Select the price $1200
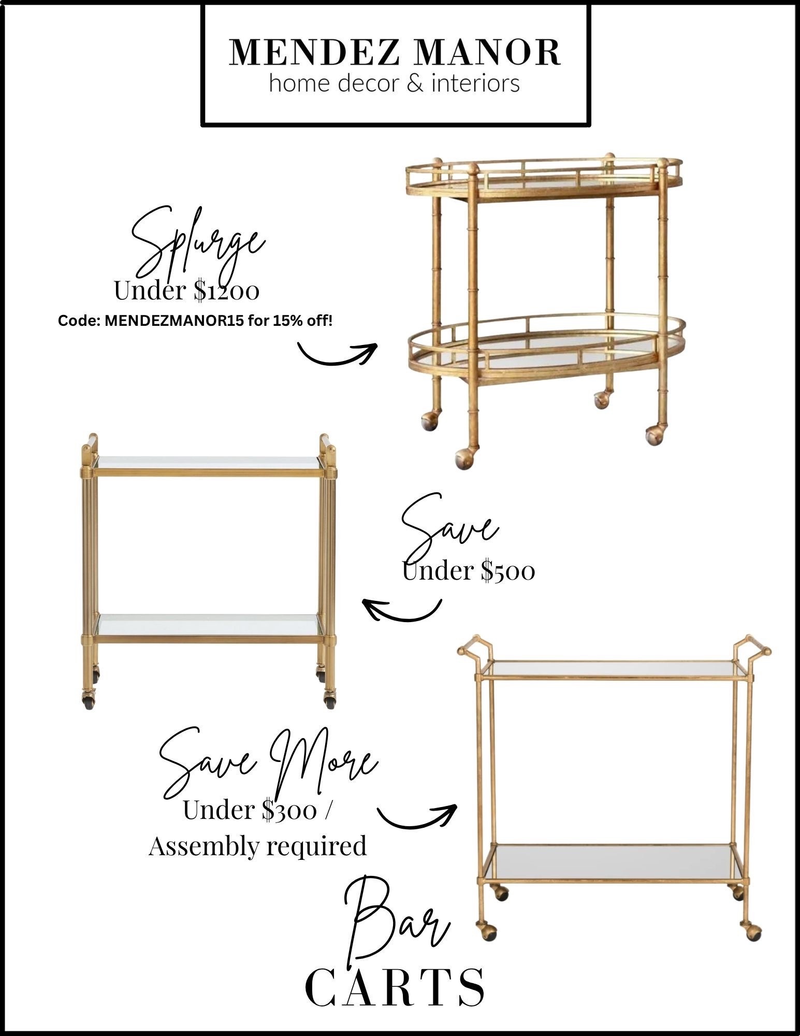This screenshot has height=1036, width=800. coord(226,291)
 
